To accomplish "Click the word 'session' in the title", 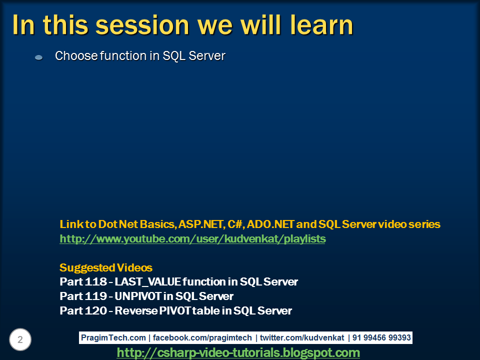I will [108, 25].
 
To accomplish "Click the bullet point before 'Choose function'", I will [38, 58].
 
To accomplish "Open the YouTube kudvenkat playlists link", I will [192, 239].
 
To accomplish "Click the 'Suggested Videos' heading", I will [106, 267].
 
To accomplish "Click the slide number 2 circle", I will [20, 340].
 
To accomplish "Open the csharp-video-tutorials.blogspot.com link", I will [238, 353].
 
